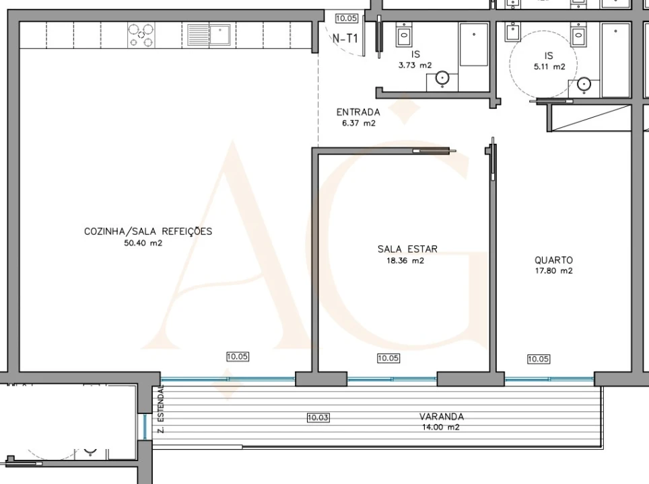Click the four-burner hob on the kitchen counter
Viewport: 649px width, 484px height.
click(141, 35)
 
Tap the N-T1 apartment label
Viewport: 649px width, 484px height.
click(345, 38)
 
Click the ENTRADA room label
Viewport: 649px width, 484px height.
click(358, 112)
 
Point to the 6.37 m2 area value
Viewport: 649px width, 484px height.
click(358, 123)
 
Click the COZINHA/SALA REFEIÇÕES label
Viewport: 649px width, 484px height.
click(148, 231)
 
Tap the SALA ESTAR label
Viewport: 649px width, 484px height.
click(407, 249)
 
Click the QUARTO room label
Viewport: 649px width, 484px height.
click(554, 259)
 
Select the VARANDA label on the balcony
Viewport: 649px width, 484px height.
click(441, 416)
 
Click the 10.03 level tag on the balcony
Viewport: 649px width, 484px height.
click(318, 417)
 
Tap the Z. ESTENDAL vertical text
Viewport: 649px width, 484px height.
click(162, 410)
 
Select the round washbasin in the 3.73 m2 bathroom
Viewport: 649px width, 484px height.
click(441, 80)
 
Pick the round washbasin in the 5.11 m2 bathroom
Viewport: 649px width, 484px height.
click(584, 84)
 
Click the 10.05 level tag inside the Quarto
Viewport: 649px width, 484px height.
click(538, 359)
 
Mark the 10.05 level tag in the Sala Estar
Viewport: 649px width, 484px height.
click(388, 358)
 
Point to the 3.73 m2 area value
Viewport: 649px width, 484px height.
click(415, 65)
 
